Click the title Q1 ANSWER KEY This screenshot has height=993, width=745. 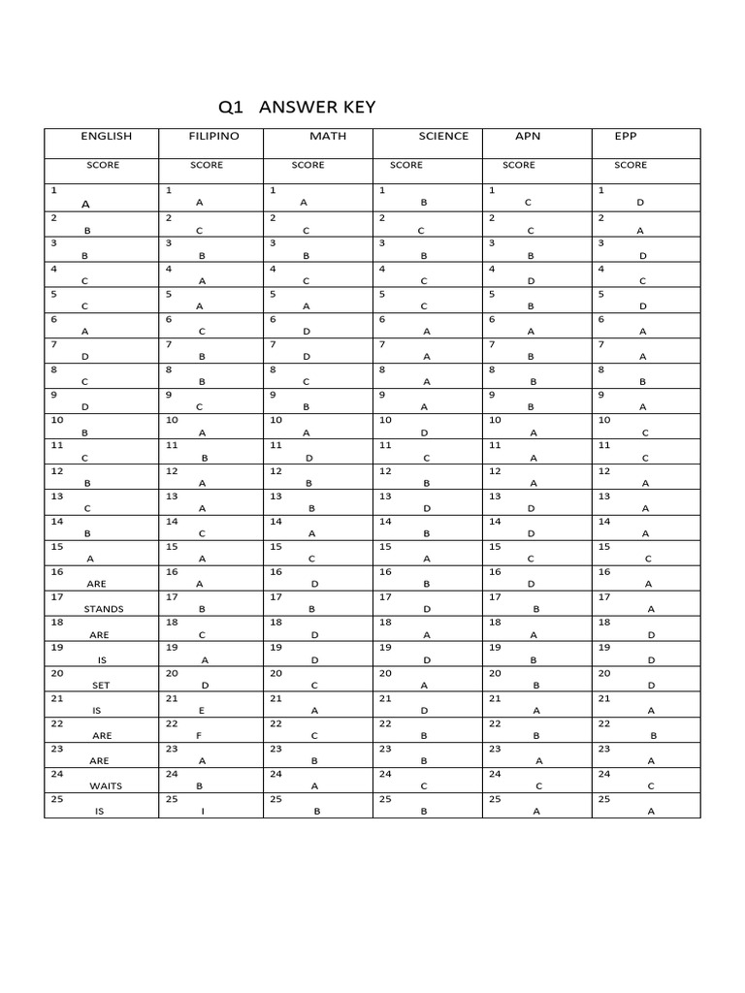[x=297, y=108]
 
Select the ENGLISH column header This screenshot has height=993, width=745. [x=106, y=137]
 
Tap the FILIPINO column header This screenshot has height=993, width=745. [x=213, y=137]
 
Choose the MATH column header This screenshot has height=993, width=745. [x=328, y=137]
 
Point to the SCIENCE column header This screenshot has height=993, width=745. [x=443, y=137]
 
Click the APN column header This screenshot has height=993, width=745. [x=528, y=137]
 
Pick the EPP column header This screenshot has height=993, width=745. [x=626, y=137]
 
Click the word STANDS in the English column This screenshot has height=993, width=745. [x=104, y=609]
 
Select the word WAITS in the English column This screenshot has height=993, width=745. [x=106, y=786]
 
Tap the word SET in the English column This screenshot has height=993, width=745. [x=101, y=685]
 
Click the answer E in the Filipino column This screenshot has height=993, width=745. [x=202, y=710]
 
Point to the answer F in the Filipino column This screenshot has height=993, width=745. [x=201, y=735]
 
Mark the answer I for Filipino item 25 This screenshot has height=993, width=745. [x=202, y=812]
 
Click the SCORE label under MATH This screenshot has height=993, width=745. [x=308, y=166]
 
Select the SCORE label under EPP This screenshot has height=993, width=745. [x=631, y=166]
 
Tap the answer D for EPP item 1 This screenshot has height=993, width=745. [x=640, y=204]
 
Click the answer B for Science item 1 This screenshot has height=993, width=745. [x=424, y=204]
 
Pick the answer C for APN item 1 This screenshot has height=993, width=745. [x=529, y=204]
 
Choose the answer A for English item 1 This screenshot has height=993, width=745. [x=85, y=205]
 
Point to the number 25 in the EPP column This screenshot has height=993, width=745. [x=604, y=799]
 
